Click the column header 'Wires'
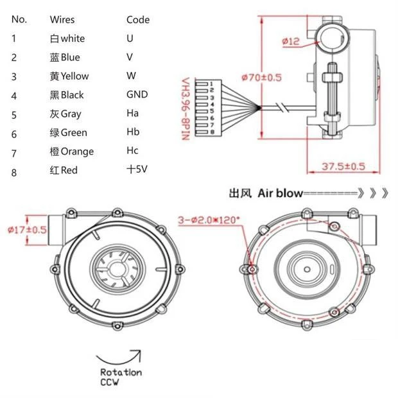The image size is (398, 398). tap(62, 19)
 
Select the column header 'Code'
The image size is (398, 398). tap(138, 19)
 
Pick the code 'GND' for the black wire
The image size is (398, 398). tap(137, 94)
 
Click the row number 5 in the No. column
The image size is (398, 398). tap(14, 114)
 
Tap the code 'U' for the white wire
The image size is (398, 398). tap(130, 38)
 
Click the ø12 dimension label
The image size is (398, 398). tap(291, 42)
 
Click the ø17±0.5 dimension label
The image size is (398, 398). tap(26, 229)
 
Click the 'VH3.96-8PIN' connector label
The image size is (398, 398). tap(186, 105)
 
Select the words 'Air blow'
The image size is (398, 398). tap(279, 193)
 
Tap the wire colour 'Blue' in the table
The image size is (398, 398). tap(65, 57)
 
